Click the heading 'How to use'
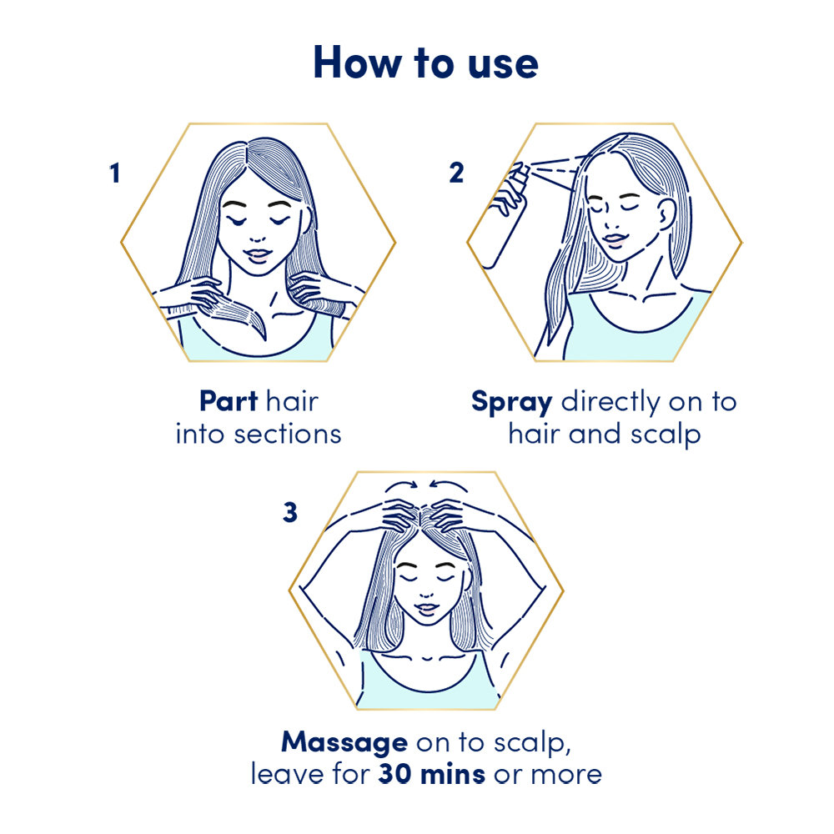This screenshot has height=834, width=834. (x=425, y=63)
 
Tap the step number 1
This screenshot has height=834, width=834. (x=114, y=173)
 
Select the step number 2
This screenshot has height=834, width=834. (x=456, y=173)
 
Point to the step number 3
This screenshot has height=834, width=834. (x=289, y=512)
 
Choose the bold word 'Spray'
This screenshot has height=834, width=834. (x=511, y=402)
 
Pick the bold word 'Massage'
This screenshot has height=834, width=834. (x=344, y=741)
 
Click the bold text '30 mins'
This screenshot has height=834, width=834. (x=431, y=774)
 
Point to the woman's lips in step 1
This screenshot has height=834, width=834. (x=259, y=254)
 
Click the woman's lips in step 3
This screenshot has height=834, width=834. (x=426, y=609)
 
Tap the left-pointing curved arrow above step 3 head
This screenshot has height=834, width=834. (x=450, y=486)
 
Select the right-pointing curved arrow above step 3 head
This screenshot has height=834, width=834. (x=404, y=486)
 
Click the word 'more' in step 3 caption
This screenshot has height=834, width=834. (x=568, y=774)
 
